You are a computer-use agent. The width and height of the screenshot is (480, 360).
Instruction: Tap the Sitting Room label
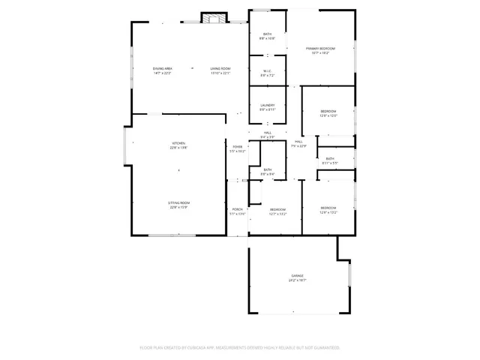tap(178, 205)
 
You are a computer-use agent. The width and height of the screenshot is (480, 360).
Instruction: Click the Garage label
tap(298, 277)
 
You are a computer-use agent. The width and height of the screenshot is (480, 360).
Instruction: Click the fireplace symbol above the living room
tap(214, 19)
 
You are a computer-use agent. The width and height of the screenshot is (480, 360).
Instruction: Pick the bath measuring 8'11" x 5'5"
tap(330, 160)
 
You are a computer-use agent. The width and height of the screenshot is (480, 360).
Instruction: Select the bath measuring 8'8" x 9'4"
tap(268, 172)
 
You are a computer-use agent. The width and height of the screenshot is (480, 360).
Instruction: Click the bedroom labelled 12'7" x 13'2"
tap(278, 211)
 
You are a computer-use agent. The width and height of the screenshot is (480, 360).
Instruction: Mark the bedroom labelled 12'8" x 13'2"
tap(328, 210)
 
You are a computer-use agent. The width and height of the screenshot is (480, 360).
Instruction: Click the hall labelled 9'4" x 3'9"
tap(268, 135)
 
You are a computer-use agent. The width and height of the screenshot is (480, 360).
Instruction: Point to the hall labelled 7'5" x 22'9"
tap(298, 144)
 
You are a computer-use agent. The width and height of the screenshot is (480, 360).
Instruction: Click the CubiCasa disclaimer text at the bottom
tap(240, 348)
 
